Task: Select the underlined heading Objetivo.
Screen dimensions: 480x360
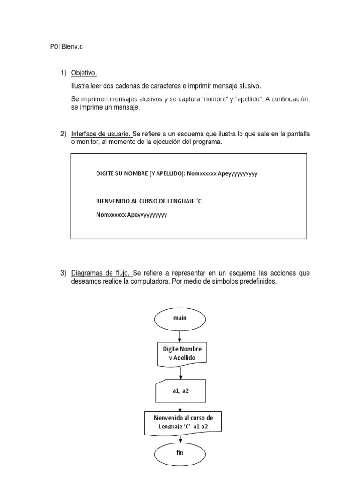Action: tap(84, 73)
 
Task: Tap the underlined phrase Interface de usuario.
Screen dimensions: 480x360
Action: tap(101, 135)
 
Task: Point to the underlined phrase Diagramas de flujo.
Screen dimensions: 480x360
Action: tap(101, 273)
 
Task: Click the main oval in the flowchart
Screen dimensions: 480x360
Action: tap(180, 318)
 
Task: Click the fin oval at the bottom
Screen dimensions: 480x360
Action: tap(180, 453)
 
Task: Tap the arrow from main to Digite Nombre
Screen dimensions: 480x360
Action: tap(180, 336)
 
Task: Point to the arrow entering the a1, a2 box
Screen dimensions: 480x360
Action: tap(180, 373)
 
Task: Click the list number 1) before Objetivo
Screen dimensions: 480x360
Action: tap(63, 73)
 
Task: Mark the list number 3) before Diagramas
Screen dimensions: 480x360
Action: tap(63, 273)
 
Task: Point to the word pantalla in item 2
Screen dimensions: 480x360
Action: tap(297, 135)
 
